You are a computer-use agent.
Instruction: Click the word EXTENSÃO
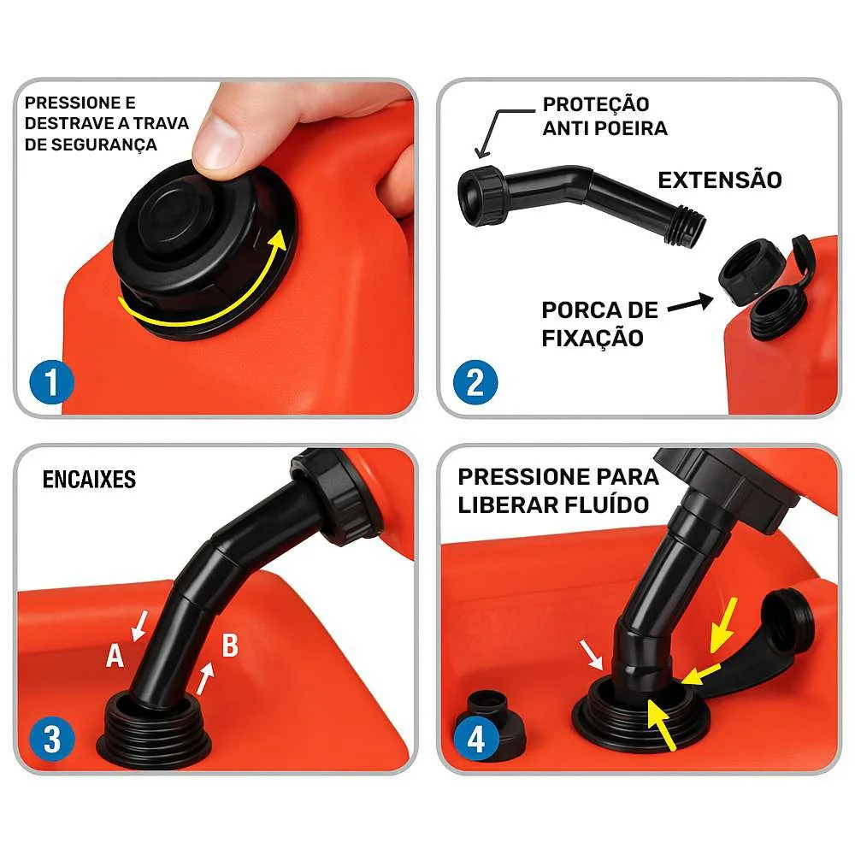719,180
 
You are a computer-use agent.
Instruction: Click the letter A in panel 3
115,656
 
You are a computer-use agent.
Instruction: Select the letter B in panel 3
229,646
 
